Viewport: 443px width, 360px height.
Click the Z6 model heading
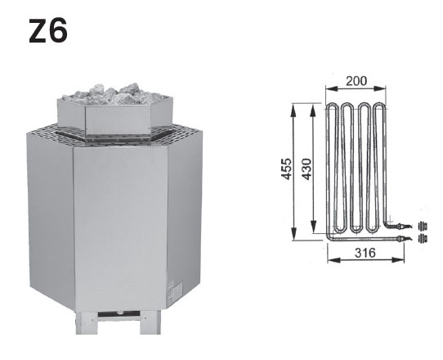(x=48, y=30)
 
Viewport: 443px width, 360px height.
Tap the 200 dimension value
(x=356, y=81)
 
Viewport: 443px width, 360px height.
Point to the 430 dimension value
(x=307, y=169)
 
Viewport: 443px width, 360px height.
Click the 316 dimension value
(x=365, y=253)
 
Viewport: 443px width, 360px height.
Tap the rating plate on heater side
(x=176, y=292)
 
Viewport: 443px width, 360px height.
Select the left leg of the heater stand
(x=87, y=322)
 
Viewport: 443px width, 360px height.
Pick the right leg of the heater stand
(x=150, y=322)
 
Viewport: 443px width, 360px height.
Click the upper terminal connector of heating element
(x=403, y=226)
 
